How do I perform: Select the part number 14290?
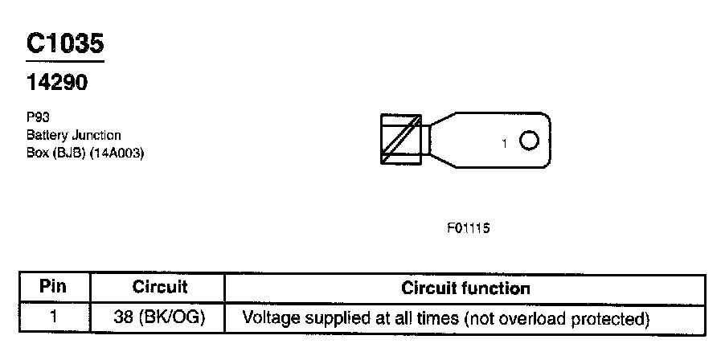(56, 82)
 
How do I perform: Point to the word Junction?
(96, 135)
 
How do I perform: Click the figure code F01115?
(469, 227)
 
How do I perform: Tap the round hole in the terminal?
(528, 141)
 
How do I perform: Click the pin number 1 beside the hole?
(504, 144)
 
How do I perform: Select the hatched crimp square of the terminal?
(401, 140)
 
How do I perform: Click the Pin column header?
(52, 287)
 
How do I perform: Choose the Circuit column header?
(159, 287)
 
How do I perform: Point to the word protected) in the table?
(610, 318)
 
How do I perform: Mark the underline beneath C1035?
(64, 62)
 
